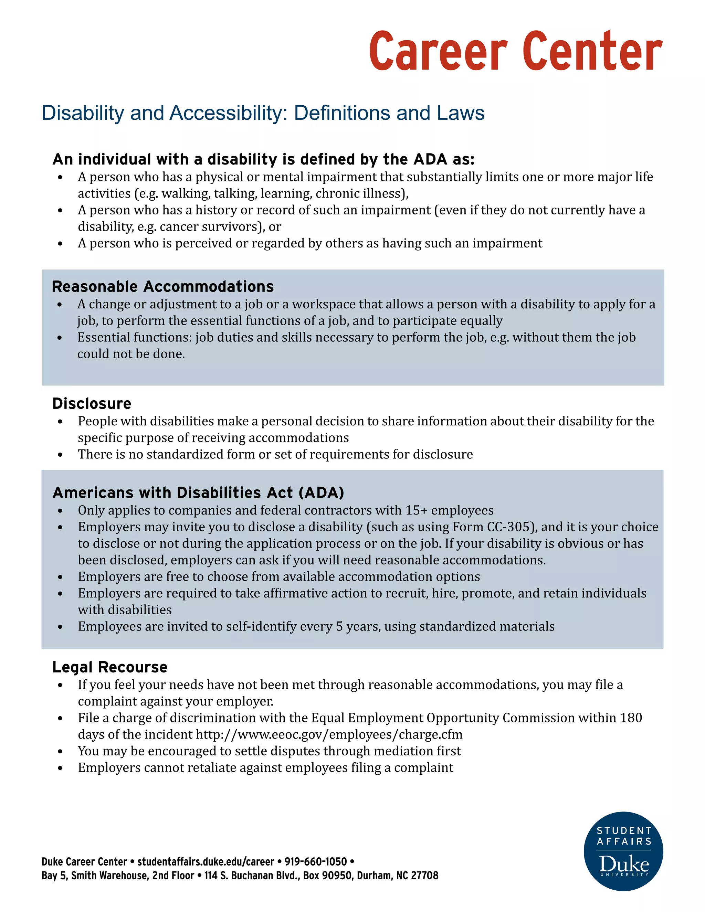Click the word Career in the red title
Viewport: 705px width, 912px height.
438,52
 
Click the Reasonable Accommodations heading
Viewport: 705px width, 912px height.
162,287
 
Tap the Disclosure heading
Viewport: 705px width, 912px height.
92,404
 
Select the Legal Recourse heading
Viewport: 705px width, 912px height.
110,667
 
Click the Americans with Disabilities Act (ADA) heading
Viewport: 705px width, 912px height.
198,493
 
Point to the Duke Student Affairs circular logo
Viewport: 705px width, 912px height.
623,851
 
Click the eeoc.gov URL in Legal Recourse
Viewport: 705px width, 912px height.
329,734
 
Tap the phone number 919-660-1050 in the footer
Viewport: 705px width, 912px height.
315,862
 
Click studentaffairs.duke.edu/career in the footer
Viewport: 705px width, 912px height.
206,862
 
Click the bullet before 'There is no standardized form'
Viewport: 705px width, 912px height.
60,455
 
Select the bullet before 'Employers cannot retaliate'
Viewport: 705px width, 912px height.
60,768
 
